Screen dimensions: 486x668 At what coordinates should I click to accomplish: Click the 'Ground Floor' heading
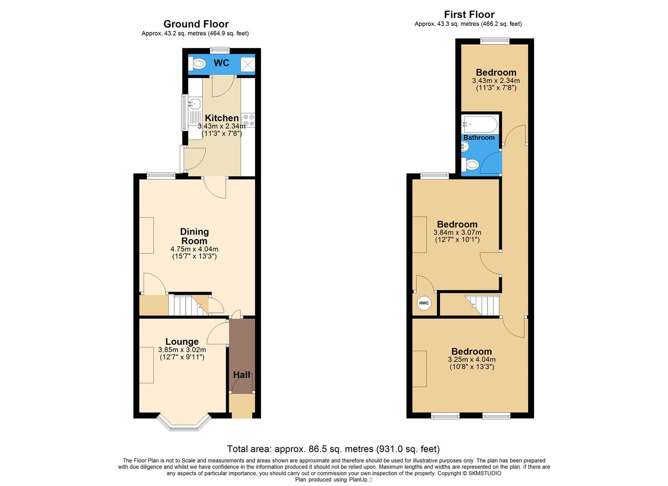[196, 24]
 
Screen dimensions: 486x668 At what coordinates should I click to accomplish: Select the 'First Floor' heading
[469, 14]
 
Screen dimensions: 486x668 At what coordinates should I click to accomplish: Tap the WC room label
[221, 63]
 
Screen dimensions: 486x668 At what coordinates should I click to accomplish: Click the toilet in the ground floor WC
[197, 64]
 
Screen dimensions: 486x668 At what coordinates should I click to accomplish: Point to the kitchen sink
[194, 104]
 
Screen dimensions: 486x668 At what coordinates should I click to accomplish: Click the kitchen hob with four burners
[248, 120]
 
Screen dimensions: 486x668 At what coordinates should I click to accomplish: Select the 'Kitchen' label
[221, 118]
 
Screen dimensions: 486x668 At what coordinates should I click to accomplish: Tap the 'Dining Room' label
[194, 236]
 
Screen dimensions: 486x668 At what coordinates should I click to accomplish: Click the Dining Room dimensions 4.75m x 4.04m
[194, 249]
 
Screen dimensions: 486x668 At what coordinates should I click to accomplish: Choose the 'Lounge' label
[182, 342]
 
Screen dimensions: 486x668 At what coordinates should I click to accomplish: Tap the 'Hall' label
[242, 375]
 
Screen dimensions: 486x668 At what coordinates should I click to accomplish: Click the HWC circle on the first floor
[424, 303]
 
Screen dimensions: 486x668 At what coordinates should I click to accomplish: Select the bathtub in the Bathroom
[480, 123]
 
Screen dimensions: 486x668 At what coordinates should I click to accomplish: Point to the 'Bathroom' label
[479, 138]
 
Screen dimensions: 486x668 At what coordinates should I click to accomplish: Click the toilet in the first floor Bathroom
[471, 165]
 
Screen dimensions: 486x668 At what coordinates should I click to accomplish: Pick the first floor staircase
[483, 306]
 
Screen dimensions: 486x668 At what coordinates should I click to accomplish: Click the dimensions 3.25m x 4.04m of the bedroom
[471, 360]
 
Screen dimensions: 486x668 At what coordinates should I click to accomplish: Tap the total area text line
[333, 449]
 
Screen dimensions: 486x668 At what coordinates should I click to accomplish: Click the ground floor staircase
[188, 305]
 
